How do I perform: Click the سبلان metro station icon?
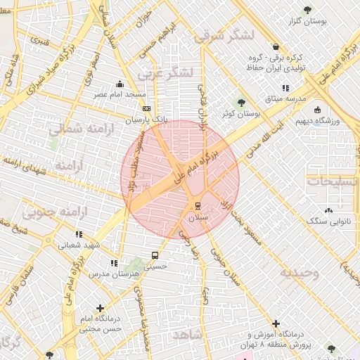[x=198, y=206]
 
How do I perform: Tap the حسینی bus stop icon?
[x=155, y=255]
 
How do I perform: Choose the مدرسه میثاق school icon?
[x=285, y=88]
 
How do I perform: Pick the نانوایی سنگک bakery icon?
[x=328, y=210]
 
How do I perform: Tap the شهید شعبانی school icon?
[x=78, y=234]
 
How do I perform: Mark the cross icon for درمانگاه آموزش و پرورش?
[x=275, y=323]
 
